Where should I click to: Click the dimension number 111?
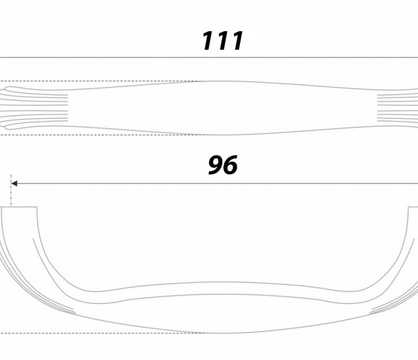click(x=223, y=41)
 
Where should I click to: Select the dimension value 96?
click(x=223, y=165)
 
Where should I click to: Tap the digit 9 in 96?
click(x=215, y=165)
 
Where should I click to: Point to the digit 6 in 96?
click(x=231, y=165)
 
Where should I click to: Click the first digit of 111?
click(x=209, y=41)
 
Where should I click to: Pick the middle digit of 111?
click(x=223, y=41)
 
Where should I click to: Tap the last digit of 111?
click(x=236, y=41)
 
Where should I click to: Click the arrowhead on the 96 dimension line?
click(x=14, y=184)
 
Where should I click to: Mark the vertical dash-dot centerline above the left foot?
click(x=11, y=190)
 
